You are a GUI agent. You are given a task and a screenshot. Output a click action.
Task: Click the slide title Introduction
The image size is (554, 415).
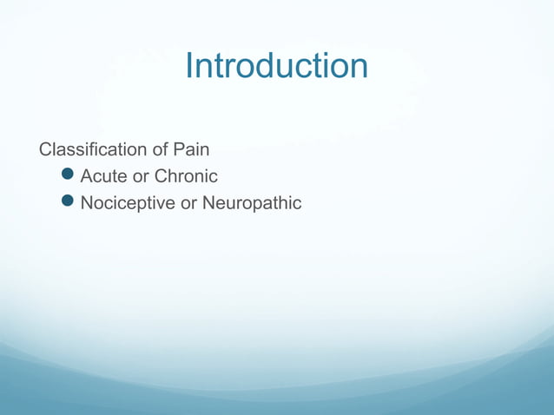tap(276, 67)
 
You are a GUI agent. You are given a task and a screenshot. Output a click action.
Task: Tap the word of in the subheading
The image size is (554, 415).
tap(162, 149)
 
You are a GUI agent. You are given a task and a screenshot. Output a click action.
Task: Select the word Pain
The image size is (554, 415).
tap(192, 149)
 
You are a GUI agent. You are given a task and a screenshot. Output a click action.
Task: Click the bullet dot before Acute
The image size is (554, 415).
tap(70, 176)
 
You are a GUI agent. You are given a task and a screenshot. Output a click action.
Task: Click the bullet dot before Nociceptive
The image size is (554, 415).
tap(70, 203)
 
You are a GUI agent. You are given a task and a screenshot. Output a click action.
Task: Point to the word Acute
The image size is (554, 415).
tap(103, 176)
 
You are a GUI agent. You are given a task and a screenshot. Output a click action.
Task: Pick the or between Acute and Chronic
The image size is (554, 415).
tap(141, 177)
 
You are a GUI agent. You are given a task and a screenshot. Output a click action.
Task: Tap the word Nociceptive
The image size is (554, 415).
tap(127, 203)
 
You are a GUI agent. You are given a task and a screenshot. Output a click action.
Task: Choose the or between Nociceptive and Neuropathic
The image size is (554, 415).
tap(188, 204)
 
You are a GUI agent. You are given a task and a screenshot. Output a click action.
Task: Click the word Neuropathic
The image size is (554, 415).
tap(252, 203)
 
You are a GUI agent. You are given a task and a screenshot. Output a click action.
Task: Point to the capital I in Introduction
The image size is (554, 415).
tap(189, 67)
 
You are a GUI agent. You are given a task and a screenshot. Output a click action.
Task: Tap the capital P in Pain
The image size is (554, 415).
tap(180, 149)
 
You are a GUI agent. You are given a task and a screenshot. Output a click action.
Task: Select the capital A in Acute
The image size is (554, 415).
tap(87, 176)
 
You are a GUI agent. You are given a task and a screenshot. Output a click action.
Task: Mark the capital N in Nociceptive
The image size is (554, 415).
tap(87, 203)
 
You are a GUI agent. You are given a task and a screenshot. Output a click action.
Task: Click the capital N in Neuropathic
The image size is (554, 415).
tap(209, 203)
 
